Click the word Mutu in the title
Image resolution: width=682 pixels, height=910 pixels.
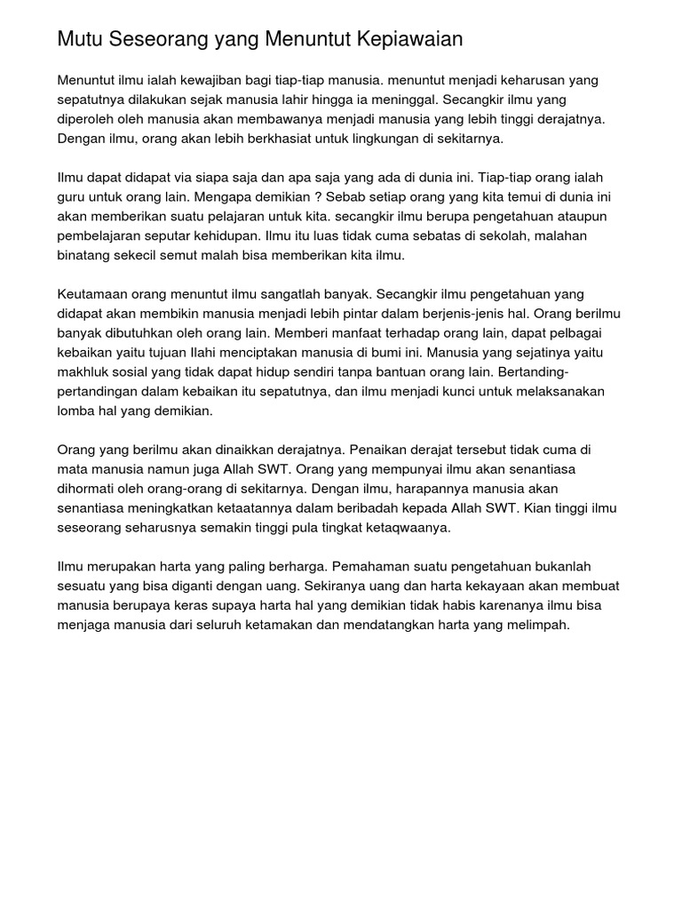77,40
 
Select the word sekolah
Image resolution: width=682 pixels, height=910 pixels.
513,236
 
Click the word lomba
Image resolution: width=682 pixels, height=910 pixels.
76,412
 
